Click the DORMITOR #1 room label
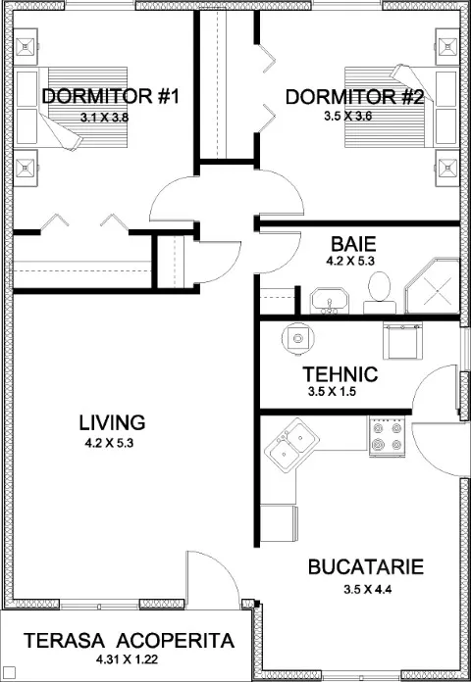tap(111, 97)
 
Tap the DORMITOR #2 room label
tap(354, 97)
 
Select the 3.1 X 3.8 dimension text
tap(104, 118)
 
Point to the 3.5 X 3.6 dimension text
tap(347, 117)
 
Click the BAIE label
tap(353, 244)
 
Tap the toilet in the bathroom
tap(380, 292)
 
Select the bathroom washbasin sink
tap(330, 301)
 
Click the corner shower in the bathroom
tap(433, 286)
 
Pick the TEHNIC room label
tap(340, 374)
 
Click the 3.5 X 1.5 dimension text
tap(332, 392)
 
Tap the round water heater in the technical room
tap(298, 337)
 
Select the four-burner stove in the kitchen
tap(387, 436)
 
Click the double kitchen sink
tap(292, 445)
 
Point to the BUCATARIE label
tap(366, 567)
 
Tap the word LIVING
tap(112, 422)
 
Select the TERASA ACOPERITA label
tap(129, 641)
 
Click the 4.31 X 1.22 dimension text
tap(127, 659)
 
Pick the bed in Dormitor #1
tap(72, 107)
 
